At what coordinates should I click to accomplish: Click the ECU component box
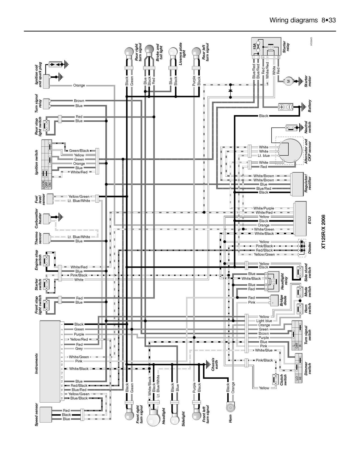point(300,218)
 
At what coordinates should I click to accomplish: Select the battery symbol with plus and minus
point(285,107)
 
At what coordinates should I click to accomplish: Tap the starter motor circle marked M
point(288,81)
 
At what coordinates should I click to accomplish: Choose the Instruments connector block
point(50,361)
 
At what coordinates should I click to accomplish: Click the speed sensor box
point(46,415)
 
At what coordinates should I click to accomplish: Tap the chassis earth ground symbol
point(207,364)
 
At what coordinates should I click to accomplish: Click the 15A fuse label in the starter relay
point(254,47)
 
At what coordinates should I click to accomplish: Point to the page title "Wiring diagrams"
point(293,20)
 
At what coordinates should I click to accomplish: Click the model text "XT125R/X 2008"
point(323,232)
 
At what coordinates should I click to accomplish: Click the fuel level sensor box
point(50,199)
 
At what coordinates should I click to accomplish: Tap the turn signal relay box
point(46,103)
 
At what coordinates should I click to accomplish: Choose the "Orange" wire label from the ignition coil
point(79,85)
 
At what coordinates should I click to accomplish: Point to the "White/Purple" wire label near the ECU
point(264,208)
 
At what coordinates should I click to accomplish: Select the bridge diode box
point(274,300)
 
